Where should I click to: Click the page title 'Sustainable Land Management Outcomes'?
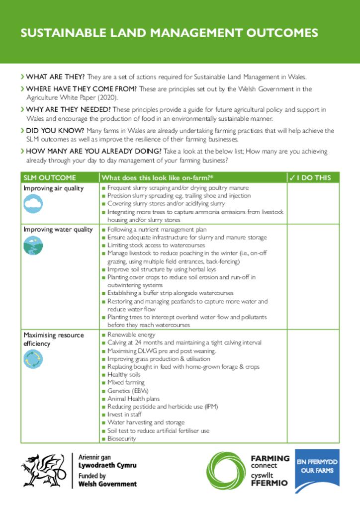pyautogui.click(x=169, y=33)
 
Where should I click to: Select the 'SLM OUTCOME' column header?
pyautogui.click(x=50, y=178)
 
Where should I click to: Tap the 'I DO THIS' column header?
pyautogui.click(x=313, y=178)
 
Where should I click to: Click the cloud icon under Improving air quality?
pyautogui.click(x=33, y=203)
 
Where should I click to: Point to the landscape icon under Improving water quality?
pyautogui.click(x=33, y=245)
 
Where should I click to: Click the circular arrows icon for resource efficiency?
pyautogui.click(x=33, y=359)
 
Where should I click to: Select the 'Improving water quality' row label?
pyautogui.click(x=58, y=230)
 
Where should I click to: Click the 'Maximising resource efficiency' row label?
pyautogui.click(x=54, y=339)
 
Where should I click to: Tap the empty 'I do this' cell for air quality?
pyautogui.click(x=313, y=203)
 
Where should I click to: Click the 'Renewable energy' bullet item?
pyautogui.click(x=131, y=335)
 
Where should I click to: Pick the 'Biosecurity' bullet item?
pyautogui.click(x=124, y=438)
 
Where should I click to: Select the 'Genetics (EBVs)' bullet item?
pyautogui.click(x=128, y=391)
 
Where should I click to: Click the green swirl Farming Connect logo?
pyautogui.click(x=226, y=470)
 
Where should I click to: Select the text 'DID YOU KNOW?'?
pyautogui.click(x=53, y=131)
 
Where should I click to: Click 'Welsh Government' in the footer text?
pyautogui.click(x=107, y=484)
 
